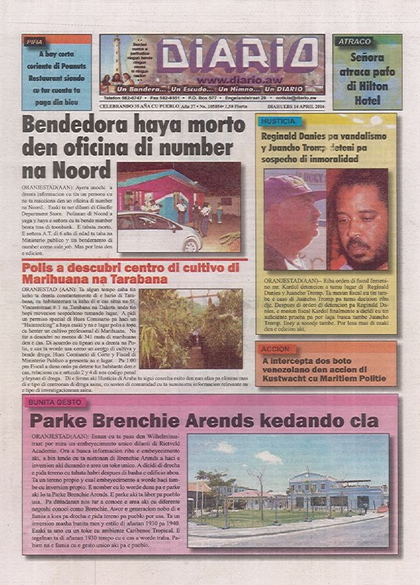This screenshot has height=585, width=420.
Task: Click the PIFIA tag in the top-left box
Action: pyautogui.click(x=34, y=42)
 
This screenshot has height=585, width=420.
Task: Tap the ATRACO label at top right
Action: pyautogui.click(x=354, y=42)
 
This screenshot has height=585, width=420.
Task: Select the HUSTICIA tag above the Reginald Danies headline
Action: pyautogui.click(x=278, y=122)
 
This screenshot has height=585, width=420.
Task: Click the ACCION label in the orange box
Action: pyautogui.click(x=275, y=349)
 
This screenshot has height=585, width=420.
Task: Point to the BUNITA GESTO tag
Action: pyautogui.click(x=54, y=402)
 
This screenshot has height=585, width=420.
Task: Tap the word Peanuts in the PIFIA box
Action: pyautogui.click(x=72, y=66)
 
